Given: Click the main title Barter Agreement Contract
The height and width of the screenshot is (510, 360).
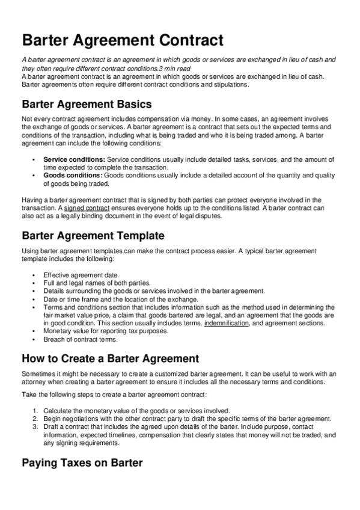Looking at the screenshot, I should [x=123, y=41].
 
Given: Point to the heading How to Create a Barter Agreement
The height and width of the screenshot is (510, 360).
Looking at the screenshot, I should [x=110, y=358].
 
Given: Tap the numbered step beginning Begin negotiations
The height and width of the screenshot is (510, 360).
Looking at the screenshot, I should [x=186, y=418].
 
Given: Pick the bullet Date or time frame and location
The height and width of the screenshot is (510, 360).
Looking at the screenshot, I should [x=120, y=299].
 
